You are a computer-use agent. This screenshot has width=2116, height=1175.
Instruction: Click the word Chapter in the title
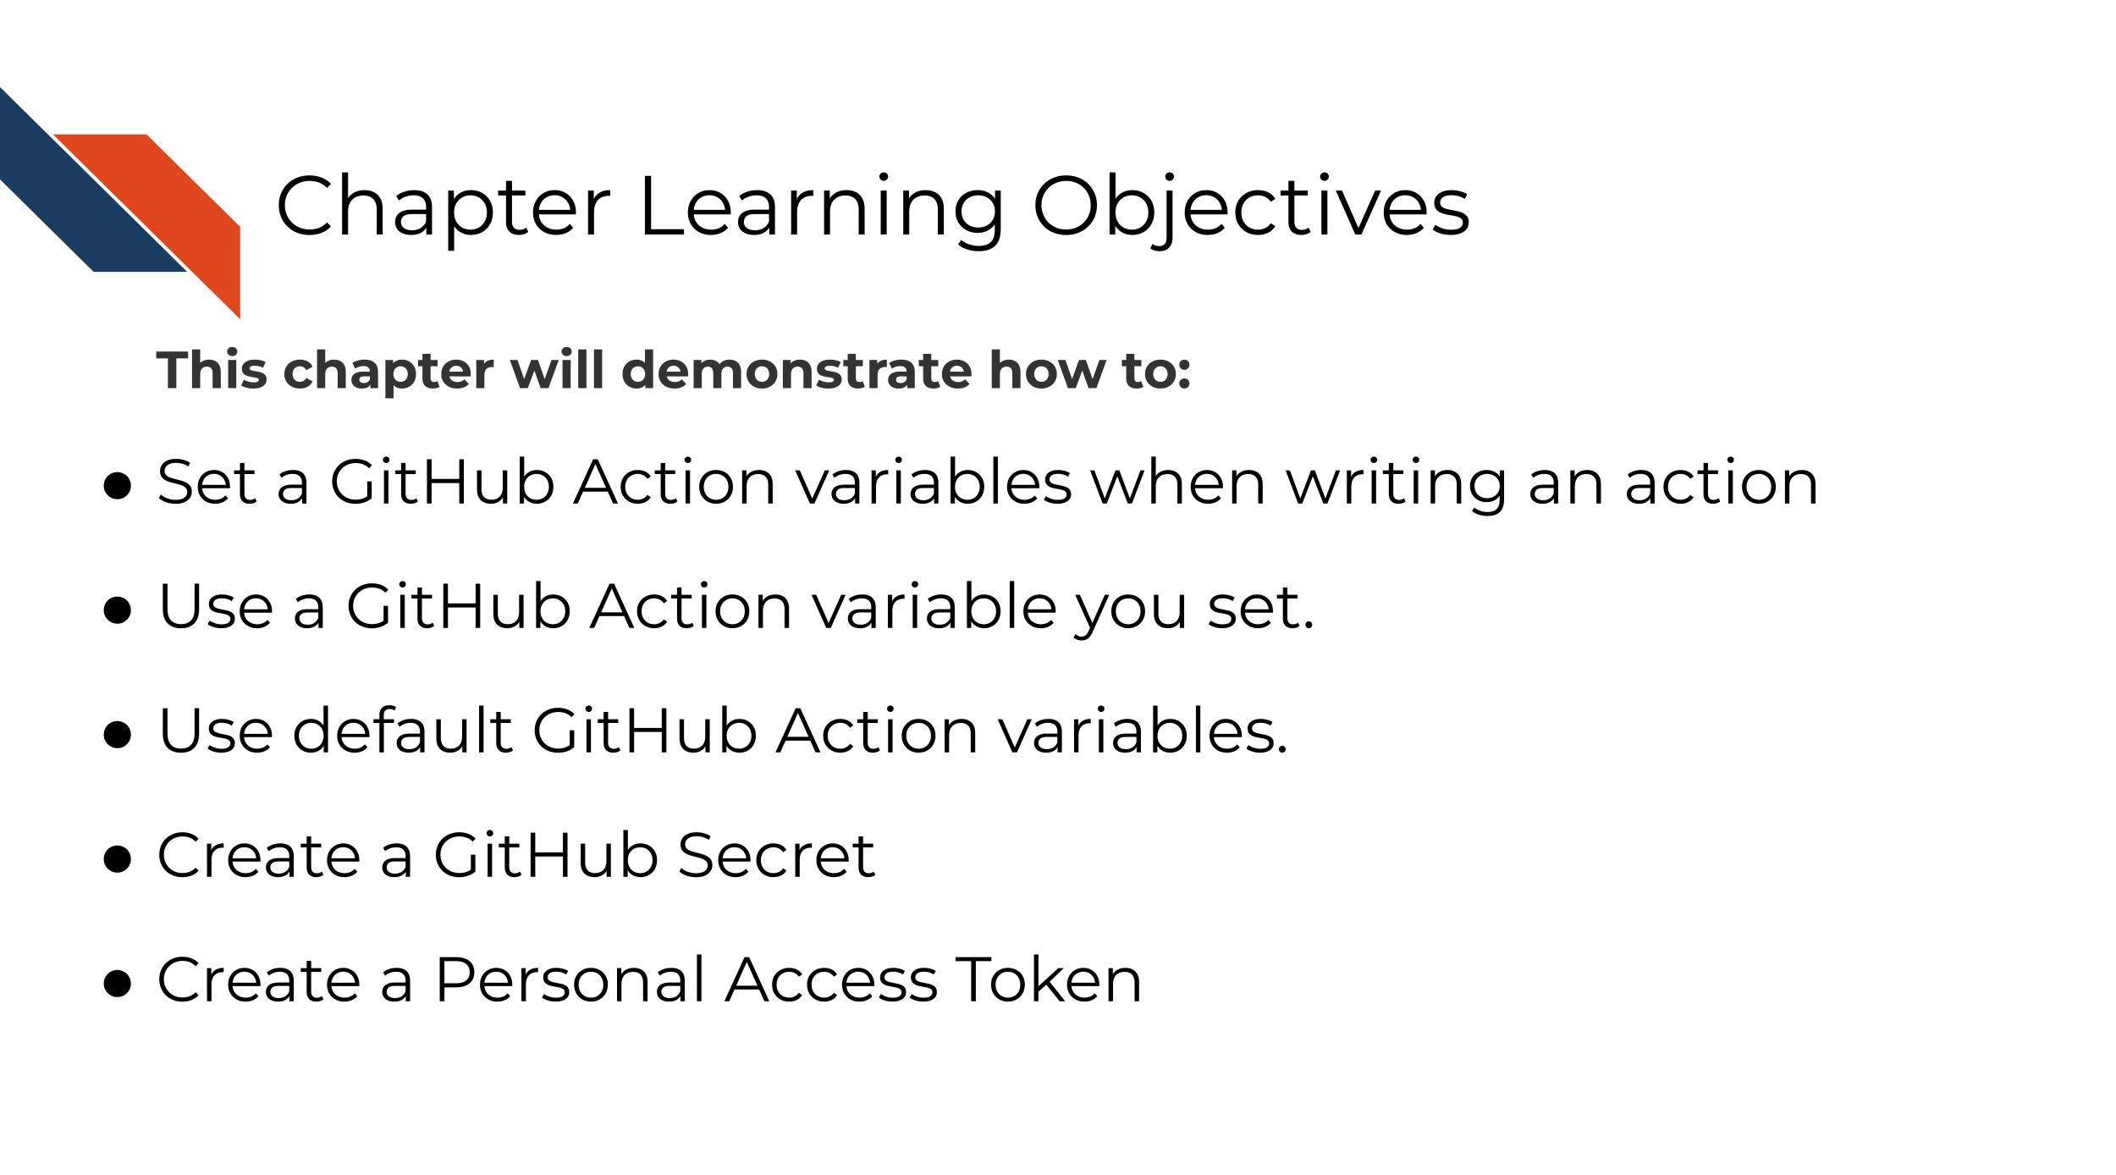[443, 207]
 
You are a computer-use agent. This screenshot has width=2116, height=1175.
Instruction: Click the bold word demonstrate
[796, 371]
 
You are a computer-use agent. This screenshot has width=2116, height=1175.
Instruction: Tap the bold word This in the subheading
[212, 371]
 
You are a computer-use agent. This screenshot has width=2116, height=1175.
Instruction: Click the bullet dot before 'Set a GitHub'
[117, 486]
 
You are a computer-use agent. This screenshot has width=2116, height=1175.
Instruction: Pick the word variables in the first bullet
[934, 483]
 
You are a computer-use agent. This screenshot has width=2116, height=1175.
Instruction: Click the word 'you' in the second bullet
[1132, 611]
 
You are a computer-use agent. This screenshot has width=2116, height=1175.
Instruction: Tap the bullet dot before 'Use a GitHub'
[117, 610]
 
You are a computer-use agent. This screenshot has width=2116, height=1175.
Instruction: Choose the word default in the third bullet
[402, 730]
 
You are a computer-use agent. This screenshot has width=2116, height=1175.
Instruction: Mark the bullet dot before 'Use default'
[117, 734]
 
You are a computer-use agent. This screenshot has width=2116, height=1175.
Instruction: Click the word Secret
[776, 856]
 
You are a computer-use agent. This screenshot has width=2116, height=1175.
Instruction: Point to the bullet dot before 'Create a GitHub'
[117, 858]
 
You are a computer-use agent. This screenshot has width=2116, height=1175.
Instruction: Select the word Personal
[570, 980]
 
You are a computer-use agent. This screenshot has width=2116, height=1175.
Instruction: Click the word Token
[1049, 980]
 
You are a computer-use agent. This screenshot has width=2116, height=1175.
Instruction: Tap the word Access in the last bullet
[831, 980]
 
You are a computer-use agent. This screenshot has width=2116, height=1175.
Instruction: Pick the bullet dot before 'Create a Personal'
[117, 983]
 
